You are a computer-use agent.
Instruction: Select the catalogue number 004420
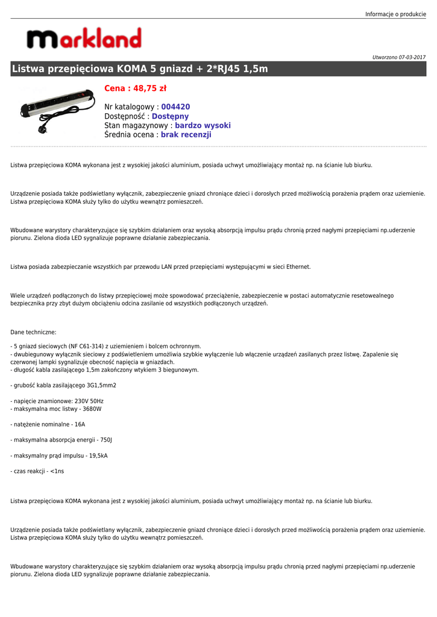click(x=175, y=107)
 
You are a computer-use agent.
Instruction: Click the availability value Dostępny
click(x=170, y=116)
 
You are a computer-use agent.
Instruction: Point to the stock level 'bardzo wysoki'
click(x=203, y=125)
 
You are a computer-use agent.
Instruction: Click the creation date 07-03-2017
click(x=412, y=57)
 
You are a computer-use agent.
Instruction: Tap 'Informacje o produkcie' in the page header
click(x=395, y=14)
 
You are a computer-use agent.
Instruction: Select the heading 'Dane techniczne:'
click(x=33, y=332)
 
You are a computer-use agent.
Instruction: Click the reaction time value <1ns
click(x=57, y=471)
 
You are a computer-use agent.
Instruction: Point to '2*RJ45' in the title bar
click(x=218, y=69)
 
